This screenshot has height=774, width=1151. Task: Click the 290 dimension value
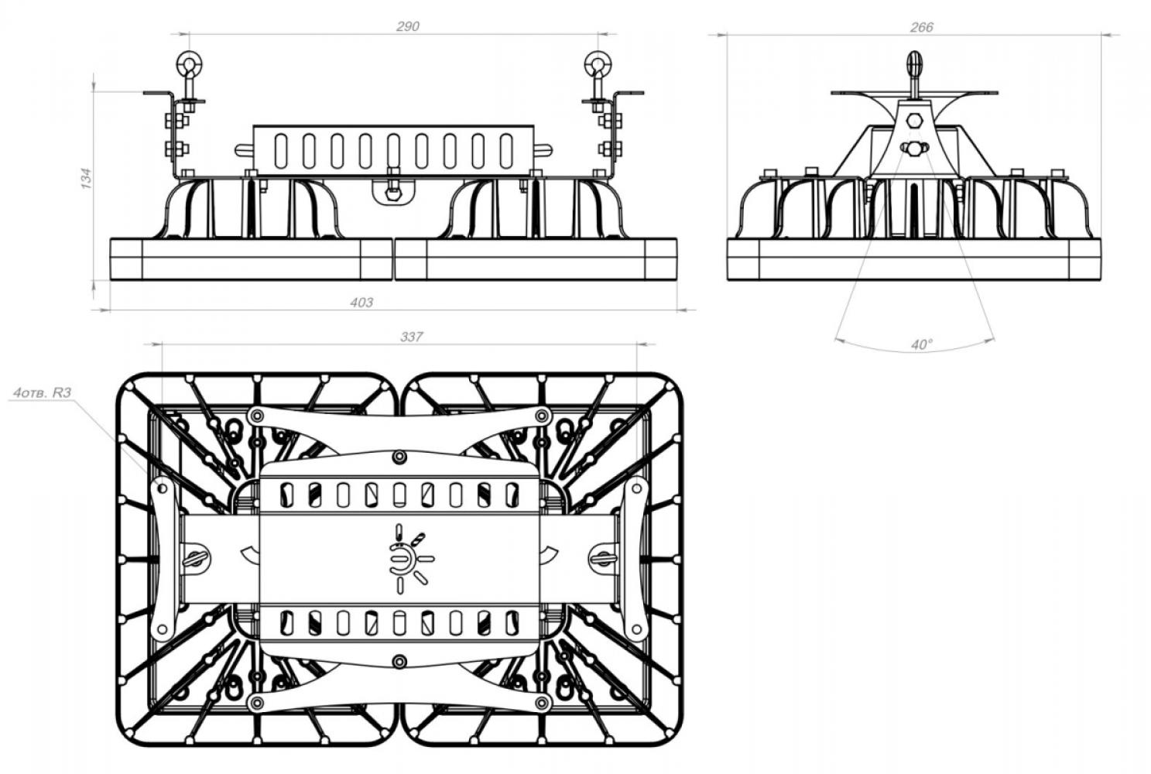click(408, 26)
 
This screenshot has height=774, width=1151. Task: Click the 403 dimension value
click(361, 302)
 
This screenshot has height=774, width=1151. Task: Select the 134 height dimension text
click(87, 178)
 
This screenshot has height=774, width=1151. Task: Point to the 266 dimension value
click(921, 27)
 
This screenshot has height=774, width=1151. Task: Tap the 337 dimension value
click(412, 337)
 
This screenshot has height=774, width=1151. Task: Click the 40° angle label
click(921, 344)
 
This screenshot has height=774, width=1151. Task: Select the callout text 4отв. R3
click(42, 392)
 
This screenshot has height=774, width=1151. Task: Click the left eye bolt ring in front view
click(189, 63)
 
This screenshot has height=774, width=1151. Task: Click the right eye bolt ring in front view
click(598, 63)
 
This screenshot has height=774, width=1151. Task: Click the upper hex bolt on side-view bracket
click(915, 121)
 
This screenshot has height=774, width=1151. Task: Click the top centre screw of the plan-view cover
click(399, 457)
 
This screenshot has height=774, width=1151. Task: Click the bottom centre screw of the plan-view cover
click(399, 662)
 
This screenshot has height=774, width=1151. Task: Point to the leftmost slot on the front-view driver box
click(280, 151)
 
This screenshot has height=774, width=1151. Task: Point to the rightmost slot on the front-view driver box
click(506, 151)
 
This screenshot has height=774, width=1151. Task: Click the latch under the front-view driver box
click(393, 191)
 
